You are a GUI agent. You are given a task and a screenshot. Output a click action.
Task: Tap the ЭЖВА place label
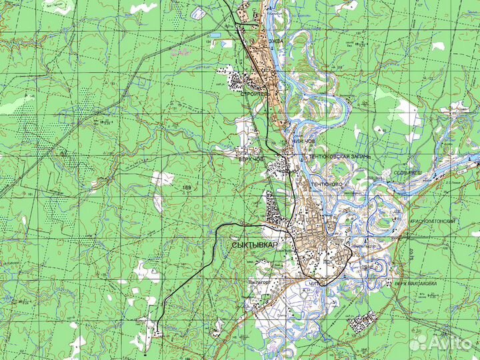click(x=276, y=41)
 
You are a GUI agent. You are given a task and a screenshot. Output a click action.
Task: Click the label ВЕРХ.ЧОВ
click(x=252, y=159)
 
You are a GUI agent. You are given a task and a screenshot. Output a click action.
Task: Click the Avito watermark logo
click(x=440, y=343)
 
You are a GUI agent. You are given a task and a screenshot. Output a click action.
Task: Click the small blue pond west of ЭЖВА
click(x=215, y=33)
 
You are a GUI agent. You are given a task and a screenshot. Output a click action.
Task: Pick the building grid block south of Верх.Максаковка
click(x=362, y=323)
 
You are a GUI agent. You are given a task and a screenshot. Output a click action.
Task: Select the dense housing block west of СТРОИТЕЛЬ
click(x=236, y=81)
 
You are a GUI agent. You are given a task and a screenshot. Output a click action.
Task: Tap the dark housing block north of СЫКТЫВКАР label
click(x=273, y=211)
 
